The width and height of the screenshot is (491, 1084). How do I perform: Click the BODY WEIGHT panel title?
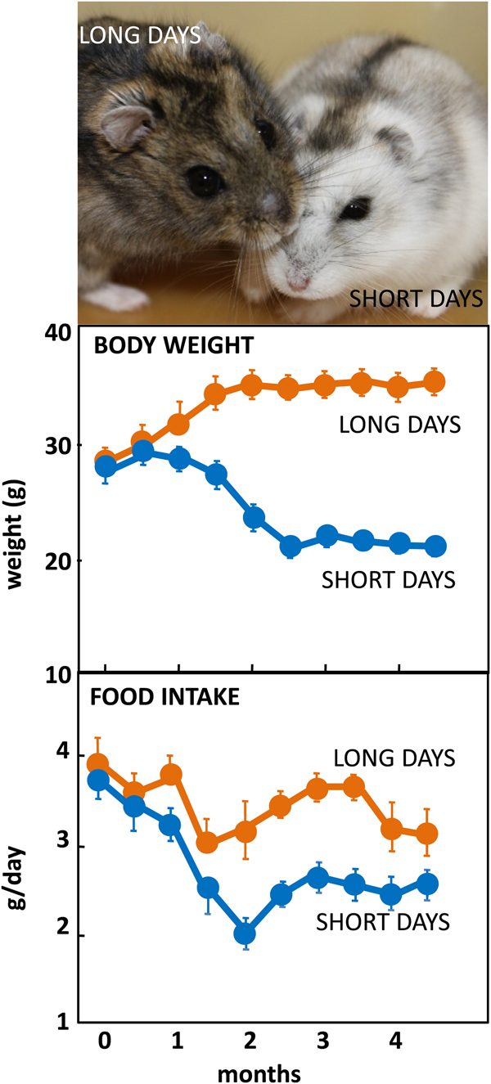[173, 346]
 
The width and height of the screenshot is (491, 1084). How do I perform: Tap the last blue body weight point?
[435, 546]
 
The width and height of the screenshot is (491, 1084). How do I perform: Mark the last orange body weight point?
[435, 382]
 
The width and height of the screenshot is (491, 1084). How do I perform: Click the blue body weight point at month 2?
[254, 517]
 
